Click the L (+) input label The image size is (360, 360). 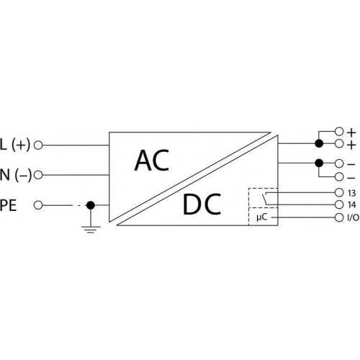click(x=15, y=145)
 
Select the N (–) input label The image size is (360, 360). click(x=16, y=175)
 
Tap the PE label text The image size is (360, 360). click(x=8, y=205)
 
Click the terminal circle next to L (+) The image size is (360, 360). click(x=38, y=145)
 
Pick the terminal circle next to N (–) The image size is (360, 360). click(x=38, y=175)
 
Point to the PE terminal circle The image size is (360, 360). click(x=38, y=205)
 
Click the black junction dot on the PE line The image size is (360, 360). click(x=91, y=205)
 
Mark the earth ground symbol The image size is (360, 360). click(x=91, y=230)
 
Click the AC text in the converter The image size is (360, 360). click(x=152, y=161)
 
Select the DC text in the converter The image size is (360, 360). click(x=202, y=204)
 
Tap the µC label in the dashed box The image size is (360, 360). click(x=262, y=217)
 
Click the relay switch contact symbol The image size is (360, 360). click(x=265, y=198)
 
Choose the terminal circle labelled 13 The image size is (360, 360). click(x=339, y=192)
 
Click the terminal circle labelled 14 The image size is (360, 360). click(x=339, y=204)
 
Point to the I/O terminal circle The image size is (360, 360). click(x=339, y=217)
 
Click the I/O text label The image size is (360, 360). click(x=353, y=217)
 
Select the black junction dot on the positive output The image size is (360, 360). click(x=319, y=143)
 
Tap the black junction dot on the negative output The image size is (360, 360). click(x=319, y=163)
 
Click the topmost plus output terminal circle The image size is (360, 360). click(x=339, y=131)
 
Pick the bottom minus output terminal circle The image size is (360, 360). click(x=339, y=177)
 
